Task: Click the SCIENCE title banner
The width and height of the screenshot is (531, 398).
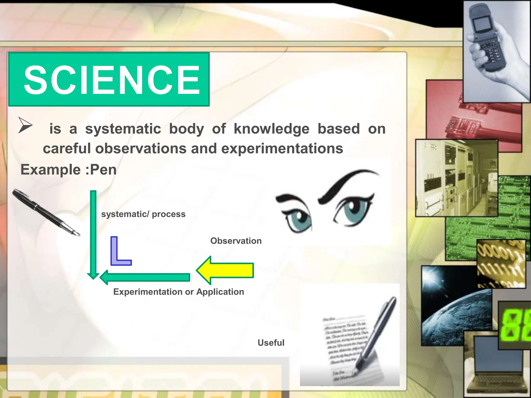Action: [109, 79]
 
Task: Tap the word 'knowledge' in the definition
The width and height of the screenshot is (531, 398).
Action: [271, 129]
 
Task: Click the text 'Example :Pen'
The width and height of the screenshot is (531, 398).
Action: [68, 170]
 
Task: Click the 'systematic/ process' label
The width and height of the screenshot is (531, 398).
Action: [143, 214]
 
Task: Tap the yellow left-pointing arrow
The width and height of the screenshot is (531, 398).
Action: [225, 270]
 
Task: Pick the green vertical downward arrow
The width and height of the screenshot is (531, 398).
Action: [93, 233]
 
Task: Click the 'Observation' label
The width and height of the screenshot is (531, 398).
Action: [236, 241]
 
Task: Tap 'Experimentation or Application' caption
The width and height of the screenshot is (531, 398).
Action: [179, 292]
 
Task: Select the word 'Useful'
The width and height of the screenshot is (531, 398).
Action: [271, 343]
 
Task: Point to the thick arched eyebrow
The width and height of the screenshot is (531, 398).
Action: [347, 184]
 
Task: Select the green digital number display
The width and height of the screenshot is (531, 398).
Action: [515, 325]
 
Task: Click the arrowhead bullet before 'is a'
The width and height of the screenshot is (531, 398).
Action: [25, 125]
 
